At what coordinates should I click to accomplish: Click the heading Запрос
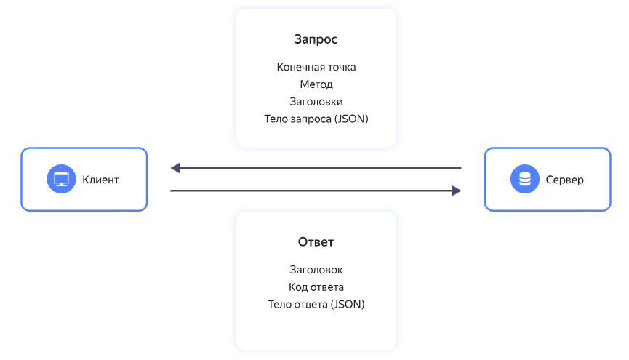click(x=316, y=39)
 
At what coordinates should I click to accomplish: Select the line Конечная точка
click(x=316, y=67)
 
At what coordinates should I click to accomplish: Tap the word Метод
click(x=316, y=84)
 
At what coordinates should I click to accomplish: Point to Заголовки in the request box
click(x=316, y=102)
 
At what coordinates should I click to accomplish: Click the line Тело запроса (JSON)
click(x=316, y=119)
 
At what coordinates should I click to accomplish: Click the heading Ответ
click(x=316, y=242)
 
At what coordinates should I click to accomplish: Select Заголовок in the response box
click(x=316, y=270)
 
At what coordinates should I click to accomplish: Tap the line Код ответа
click(x=316, y=287)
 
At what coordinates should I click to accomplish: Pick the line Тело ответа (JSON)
click(x=316, y=305)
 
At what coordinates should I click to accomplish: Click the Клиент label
click(x=100, y=180)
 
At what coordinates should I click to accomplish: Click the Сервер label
click(x=564, y=180)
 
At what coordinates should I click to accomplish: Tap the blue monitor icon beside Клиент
click(x=61, y=179)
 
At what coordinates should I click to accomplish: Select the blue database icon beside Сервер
click(x=524, y=179)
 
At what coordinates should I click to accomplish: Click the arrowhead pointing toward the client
click(x=175, y=168)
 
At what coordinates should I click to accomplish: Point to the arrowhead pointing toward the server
click(x=457, y=191)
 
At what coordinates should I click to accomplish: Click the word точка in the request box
click(x=340, y=67)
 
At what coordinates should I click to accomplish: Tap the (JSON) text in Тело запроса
click(x=351, y=119)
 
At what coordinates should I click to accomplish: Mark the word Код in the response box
click(x=298, y=287)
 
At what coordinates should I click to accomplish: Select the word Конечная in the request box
click(x=299, y=67)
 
